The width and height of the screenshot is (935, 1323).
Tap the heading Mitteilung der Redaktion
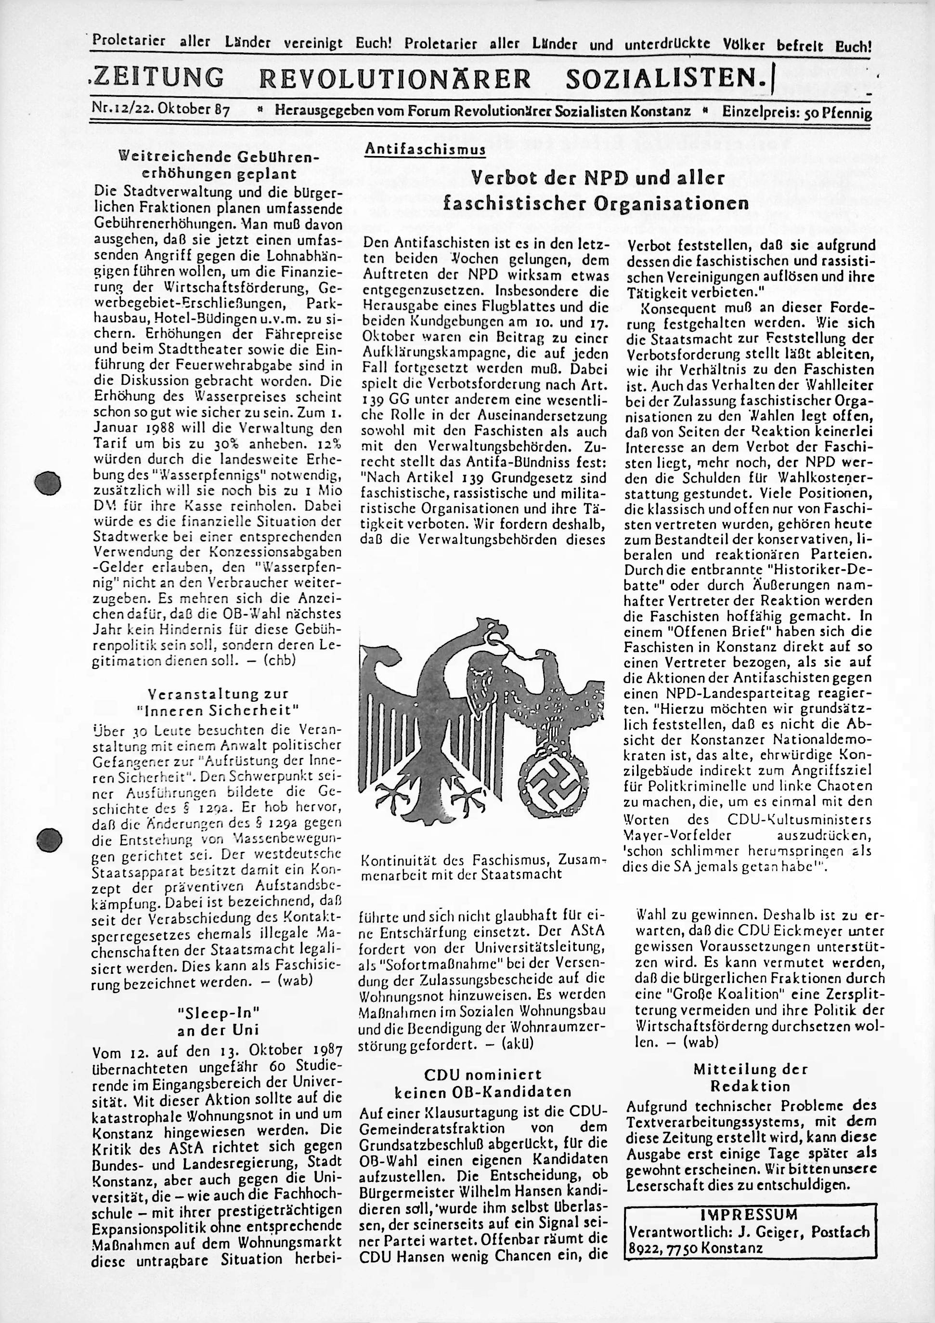pyautogui.click(x=750, y=1077)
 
